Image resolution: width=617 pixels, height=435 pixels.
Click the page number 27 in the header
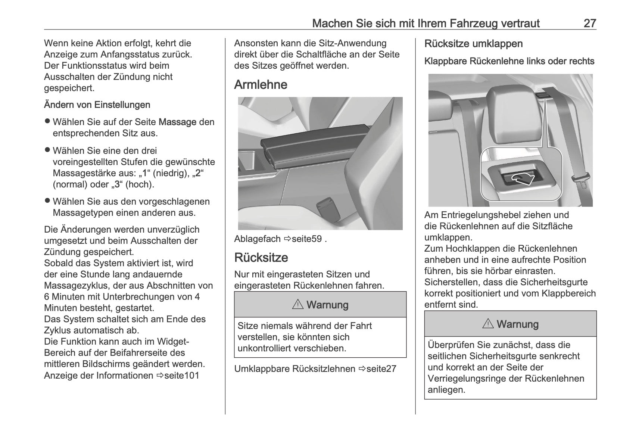coord(590,24)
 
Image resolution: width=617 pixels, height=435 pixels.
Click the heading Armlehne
coord(261,85)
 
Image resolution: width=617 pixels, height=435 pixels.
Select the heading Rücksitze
coord(261,258)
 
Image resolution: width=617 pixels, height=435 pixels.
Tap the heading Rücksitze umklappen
coord(473,44)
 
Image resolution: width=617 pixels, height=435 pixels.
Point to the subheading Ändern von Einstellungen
coord(97,105)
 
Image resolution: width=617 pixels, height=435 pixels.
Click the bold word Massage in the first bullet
coord(177,122)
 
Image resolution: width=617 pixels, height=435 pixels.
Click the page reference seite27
coord(381,369)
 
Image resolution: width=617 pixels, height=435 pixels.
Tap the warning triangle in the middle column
coord(298,305)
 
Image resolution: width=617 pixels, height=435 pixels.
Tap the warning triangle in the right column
coord(488,324)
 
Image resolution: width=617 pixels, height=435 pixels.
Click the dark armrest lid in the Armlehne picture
coord(314,146)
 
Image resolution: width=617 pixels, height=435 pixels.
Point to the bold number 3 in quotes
coord(117,184)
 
